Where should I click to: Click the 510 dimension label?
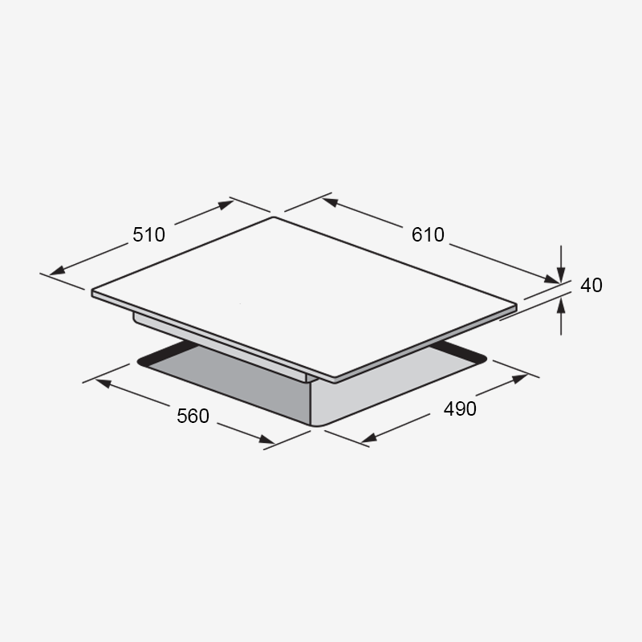pyautogui.click(x=148, y=234)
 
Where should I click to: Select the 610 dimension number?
pyautogui.click(x=428, y=234)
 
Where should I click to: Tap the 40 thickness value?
pyautogui.click(x=591, y=285)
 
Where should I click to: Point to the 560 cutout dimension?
pyautogui.click(x=193, y=416)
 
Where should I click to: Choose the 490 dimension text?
pyautogui.click(x=460, y=408)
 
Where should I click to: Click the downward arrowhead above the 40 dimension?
pyautogui.click(x=561, y=274)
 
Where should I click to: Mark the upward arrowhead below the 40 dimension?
pyautogui.click(x=561, y=306)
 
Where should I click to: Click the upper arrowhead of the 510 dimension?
pyautogui.click(x=226, y=205)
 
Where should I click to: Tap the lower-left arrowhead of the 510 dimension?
pyautogui.click(x=57, y=270)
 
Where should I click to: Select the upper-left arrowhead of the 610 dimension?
pyautogui.click(x=330, y=202)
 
